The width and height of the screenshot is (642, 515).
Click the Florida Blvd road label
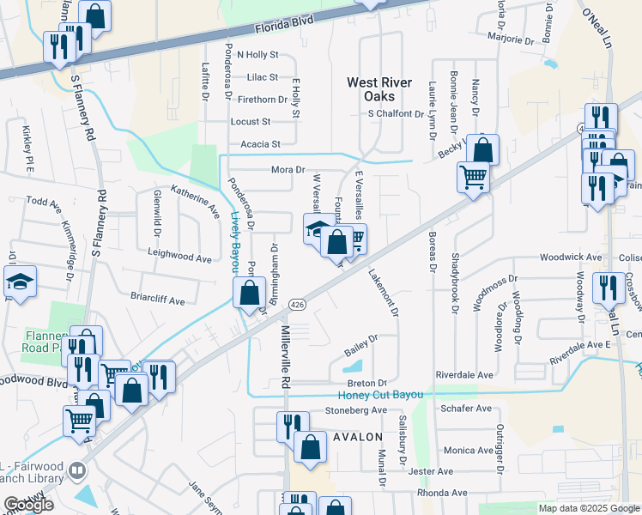[x=284, y=27]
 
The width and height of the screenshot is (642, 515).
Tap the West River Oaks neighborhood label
[x=378, y=89]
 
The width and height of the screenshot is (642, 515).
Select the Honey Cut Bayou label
[x=381, y=394]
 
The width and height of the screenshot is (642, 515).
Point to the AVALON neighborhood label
[x=356, y=437]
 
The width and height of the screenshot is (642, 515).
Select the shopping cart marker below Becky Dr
[x=473, y=177]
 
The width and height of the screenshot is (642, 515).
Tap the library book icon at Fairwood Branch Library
[x=78, y=470]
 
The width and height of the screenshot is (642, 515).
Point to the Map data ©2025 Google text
[x=588, y=508]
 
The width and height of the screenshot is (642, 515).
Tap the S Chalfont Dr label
[x=396, y=113]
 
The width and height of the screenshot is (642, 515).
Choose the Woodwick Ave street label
[x=569, y=257]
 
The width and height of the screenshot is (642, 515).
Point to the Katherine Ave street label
[x=195, y=197]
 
